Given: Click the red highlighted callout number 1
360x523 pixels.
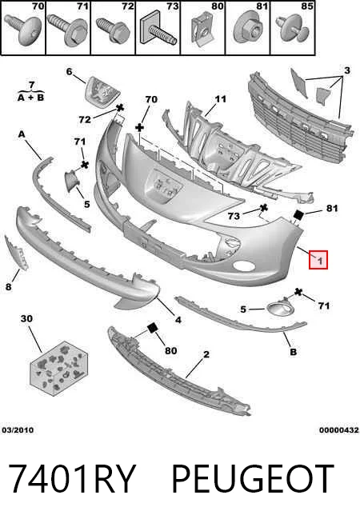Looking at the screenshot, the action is tap(318, 260).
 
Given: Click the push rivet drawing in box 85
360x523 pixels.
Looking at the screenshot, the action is tap(292, 29).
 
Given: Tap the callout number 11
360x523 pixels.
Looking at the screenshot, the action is tap(221, 99).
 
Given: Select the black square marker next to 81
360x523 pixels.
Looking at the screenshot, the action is tap(298, 215).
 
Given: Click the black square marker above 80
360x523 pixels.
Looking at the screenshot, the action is tap(153, 328).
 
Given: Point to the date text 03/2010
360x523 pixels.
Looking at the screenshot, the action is tap(18, 430).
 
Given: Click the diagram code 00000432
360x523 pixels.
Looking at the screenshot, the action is tap(339, 430).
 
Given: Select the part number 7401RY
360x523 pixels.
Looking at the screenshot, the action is tap(71, 479).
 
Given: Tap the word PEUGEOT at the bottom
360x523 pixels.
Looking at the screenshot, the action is tap(252, 479).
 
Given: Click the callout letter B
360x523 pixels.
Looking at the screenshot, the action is tap(293, 352).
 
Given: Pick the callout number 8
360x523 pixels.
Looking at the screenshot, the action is tap(9, 286).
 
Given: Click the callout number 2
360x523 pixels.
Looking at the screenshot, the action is tap(206, 354).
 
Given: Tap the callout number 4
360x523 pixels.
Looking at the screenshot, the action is tap(178, 320).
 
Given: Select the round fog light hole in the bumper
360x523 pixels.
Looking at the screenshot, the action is tap(244, 265).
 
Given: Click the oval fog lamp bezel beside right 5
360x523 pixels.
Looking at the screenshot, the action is tap(279, 308).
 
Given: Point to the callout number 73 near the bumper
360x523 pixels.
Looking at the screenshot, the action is tap(234, 216).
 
